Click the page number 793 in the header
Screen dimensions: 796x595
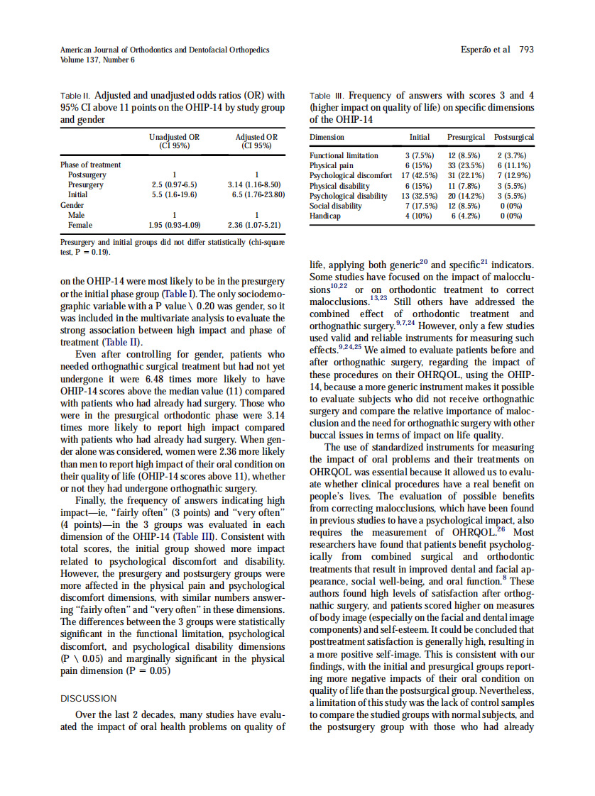[526, 50]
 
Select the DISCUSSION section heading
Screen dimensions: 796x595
[88, 698]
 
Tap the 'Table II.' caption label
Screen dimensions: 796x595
[75, 95]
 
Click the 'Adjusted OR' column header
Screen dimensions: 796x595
[256, 137]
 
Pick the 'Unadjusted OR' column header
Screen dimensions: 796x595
[174, 137]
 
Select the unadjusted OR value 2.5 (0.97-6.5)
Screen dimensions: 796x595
[175, 184]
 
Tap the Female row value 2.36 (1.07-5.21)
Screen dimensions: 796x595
[253, 225]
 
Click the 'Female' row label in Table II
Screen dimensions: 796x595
[80, 225]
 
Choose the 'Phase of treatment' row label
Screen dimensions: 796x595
[90, 165]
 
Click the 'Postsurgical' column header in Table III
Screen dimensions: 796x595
[514, 137]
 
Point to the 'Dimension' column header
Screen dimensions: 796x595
[327, 137]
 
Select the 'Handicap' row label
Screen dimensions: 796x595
[324, 216]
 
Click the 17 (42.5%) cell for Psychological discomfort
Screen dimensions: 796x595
[419, 175]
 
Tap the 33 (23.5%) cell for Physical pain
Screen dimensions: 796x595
[466, 165]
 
